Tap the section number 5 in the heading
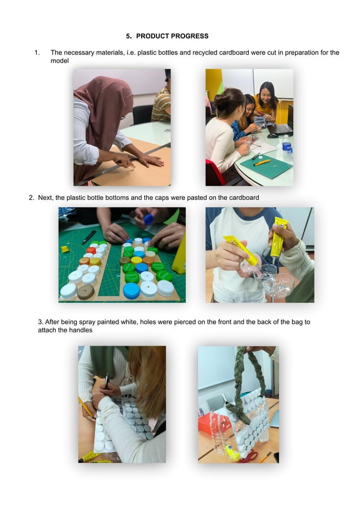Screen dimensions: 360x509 click(128, 36)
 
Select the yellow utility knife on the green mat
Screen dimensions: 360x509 click(262, 163)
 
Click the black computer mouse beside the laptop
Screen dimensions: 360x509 click(273, 135)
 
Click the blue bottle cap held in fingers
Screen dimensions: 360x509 click(148, 220)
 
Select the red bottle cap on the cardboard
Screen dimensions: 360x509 click(91, 251)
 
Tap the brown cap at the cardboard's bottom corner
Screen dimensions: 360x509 click(86, 292)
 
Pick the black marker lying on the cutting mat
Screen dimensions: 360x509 click(89, 237)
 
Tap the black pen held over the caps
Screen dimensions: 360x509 click(106, 381)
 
